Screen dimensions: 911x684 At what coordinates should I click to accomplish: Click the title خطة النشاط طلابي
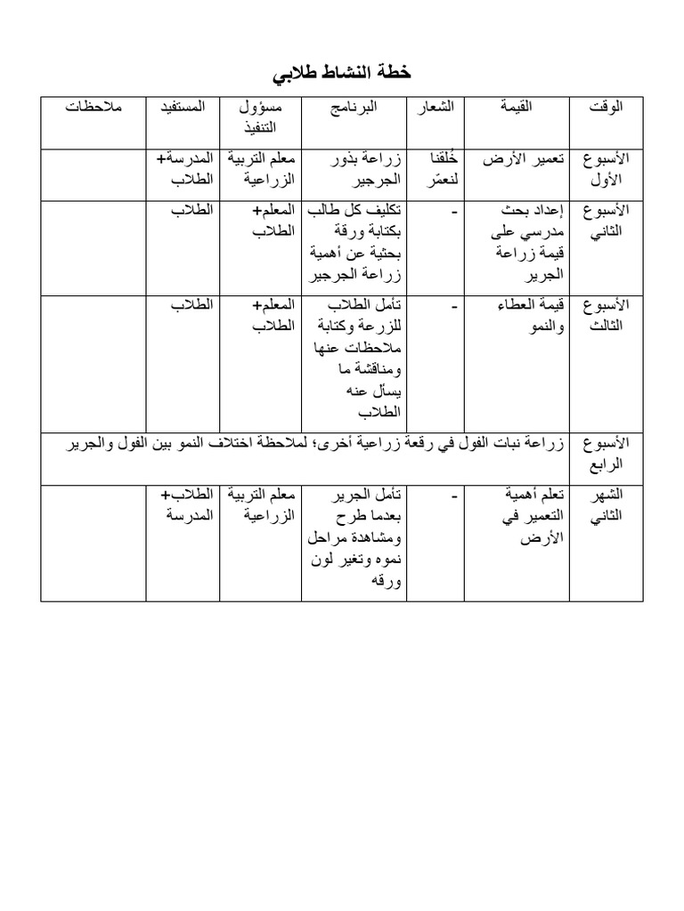click(x=342, y=71)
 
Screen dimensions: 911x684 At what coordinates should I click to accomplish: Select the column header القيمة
click(x=519, y=108)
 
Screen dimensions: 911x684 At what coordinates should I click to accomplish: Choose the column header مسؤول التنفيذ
click(x=262, y=117)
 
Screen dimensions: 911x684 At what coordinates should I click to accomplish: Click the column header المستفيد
click(x=183, y=108)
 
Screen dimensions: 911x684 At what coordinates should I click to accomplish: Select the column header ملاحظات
click(x=94, y=108)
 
